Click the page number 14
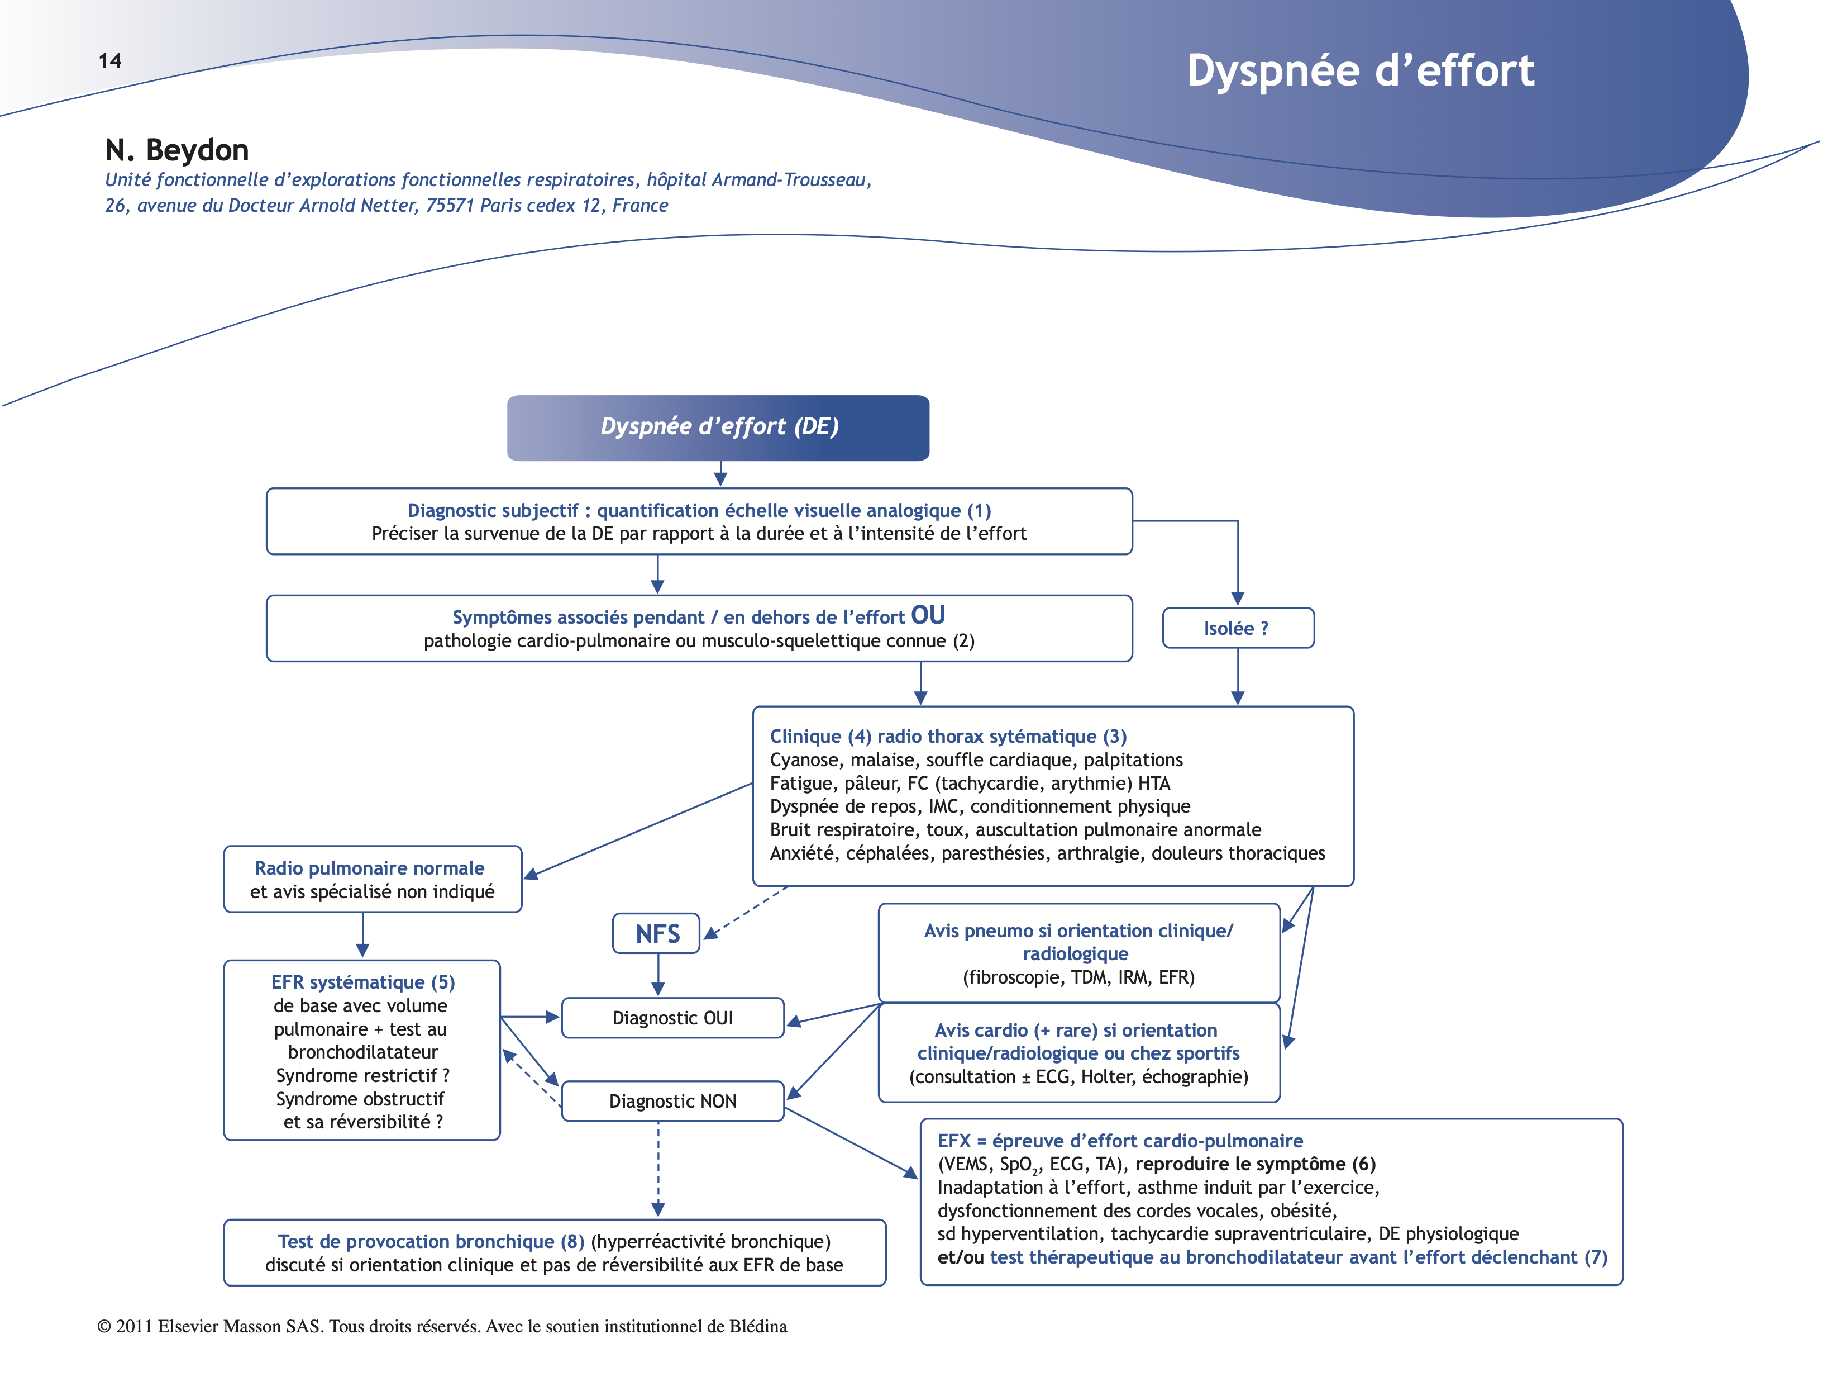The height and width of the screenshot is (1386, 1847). (109, 61)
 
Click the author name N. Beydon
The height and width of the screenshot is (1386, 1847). (177, 150)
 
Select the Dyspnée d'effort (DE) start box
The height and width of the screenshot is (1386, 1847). (718, 428)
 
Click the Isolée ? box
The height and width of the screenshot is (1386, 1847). (1238, 628)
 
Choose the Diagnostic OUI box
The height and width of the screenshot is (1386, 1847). (672, 1018)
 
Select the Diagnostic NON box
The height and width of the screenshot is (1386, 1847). (672, 1101)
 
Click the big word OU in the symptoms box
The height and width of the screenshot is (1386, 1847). (928, 616)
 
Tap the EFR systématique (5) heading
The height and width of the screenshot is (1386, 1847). (362, 982)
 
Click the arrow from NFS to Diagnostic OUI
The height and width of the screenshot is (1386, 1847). (658, 974)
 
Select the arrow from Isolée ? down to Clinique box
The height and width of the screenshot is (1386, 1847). (1238, 677)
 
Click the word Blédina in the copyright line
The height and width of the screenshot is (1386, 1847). (757, 1327)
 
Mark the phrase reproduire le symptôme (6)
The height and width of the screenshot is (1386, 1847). (1255, 1165)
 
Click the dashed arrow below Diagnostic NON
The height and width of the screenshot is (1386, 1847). (658, 1170)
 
